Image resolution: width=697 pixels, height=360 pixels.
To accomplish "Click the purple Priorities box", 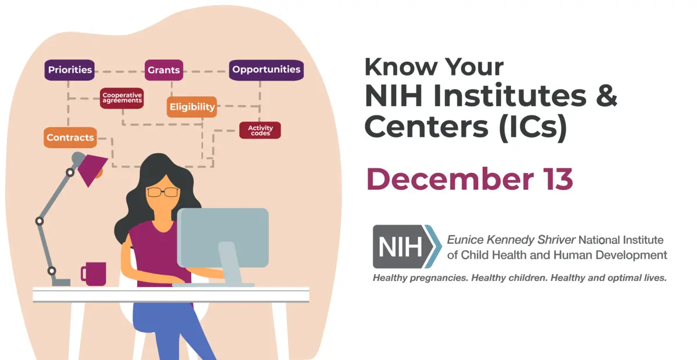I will tap(70, 70).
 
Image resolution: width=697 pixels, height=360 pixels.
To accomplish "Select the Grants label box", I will tap(164, 70).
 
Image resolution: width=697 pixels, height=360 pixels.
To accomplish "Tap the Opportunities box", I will tap(266, 70).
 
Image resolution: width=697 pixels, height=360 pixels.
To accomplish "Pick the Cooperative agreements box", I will tap(122, 98).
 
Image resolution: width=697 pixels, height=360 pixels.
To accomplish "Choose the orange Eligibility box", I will tap(192, 107).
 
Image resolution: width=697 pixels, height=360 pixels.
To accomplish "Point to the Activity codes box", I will tap(260, 130).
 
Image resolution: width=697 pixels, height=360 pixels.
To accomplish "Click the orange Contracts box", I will tap(70, 138).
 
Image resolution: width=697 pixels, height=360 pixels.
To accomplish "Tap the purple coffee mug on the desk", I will tap(94, 273).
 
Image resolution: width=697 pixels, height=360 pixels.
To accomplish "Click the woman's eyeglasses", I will tap(163, 192).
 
